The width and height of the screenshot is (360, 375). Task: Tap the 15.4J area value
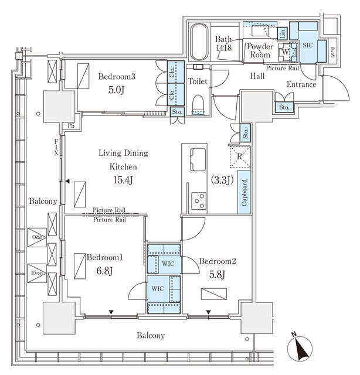tap(123, 180)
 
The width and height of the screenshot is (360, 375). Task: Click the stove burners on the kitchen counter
tap(198, 201)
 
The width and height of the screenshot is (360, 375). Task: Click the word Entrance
tap(301, 84)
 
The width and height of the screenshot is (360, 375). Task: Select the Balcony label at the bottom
tap(151, 336)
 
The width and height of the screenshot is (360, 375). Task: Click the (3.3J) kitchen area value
tap(222, 180)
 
